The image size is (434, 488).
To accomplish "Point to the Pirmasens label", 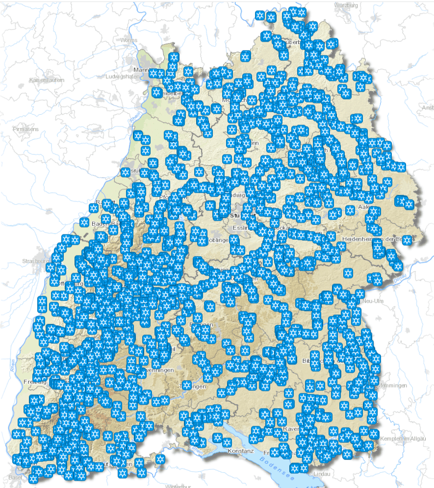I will coord(26,128).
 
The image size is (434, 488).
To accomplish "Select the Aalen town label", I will coord(363,208).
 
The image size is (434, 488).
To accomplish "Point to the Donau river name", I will coord(398,279).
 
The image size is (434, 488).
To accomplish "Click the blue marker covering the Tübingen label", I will coord(186,385).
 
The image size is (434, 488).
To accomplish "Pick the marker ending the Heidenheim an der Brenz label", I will coord(407,240).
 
